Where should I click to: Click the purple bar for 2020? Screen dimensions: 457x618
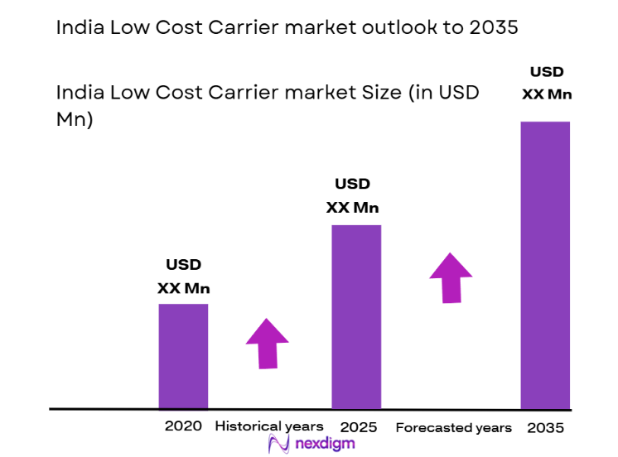[183, 356]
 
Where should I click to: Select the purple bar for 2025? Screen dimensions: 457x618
[356, 316]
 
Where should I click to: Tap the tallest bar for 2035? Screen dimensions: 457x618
[545, 265]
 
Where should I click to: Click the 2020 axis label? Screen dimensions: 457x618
[183, 427]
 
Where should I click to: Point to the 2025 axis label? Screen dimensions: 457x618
[359, 427]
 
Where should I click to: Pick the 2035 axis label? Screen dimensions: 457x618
[545, 427]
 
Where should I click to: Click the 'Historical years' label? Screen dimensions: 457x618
[269, 426]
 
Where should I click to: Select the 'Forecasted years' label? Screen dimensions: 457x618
[453, 427]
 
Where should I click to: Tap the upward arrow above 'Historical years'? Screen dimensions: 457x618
[267, 343]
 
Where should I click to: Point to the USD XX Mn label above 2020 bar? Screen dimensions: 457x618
[184, 277]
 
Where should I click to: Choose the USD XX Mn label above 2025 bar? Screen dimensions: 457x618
[352, 195]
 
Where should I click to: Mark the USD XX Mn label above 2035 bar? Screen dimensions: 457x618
[547, 83]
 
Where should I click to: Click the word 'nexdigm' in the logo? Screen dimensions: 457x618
[325, 444]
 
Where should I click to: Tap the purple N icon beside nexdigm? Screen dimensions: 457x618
[279, 444]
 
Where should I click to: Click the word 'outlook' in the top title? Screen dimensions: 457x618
[392, 27]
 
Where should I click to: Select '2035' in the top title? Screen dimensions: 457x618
[494, 27]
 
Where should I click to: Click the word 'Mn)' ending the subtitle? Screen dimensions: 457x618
[74, 118]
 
